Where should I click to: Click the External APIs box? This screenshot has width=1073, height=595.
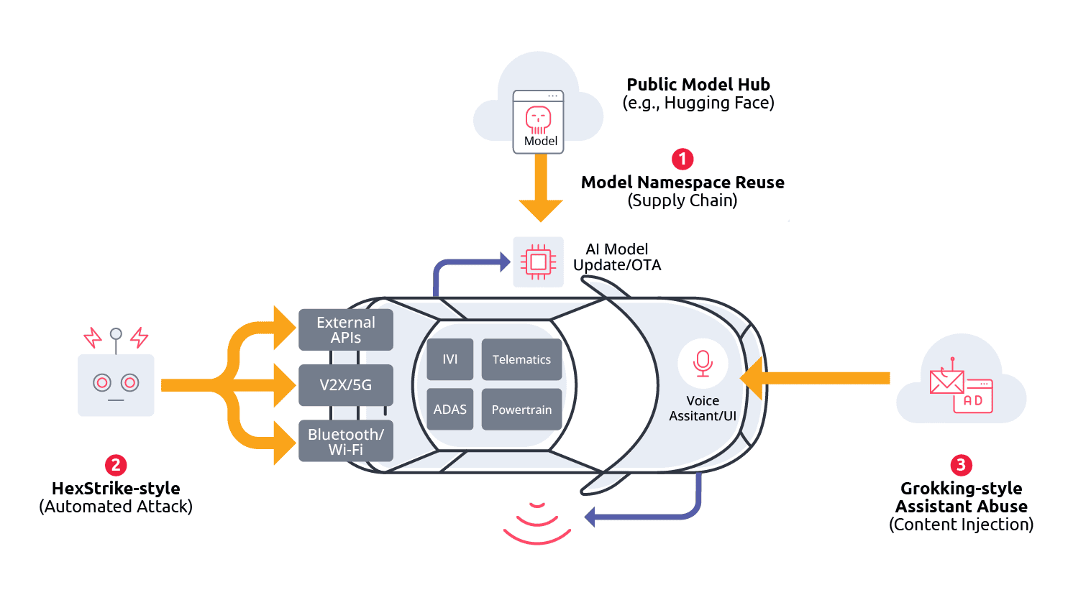pos(346,330)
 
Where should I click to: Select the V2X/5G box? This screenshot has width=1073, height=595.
pos(346,385)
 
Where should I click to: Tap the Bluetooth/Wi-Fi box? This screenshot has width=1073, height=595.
pos(346,441)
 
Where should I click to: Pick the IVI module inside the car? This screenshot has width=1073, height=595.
pos(450,359)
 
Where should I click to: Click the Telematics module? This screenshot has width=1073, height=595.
pos(521,359)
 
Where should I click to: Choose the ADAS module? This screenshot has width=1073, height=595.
pos(450,410)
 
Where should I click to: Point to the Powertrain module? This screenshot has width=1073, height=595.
pos(521,410)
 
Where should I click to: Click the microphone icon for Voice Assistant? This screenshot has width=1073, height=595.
pos(703,363)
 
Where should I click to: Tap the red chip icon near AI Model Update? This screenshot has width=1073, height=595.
pos(538,262)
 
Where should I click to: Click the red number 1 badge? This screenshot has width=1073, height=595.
pos(682,159)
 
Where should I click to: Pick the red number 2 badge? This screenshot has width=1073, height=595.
pos(116,465)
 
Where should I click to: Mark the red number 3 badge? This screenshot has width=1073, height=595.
pos(961,465)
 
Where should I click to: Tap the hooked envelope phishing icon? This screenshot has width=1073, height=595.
pos(946,379)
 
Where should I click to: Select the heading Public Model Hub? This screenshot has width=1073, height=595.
pos(698,85)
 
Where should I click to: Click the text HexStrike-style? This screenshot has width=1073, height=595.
pos(116,489)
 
